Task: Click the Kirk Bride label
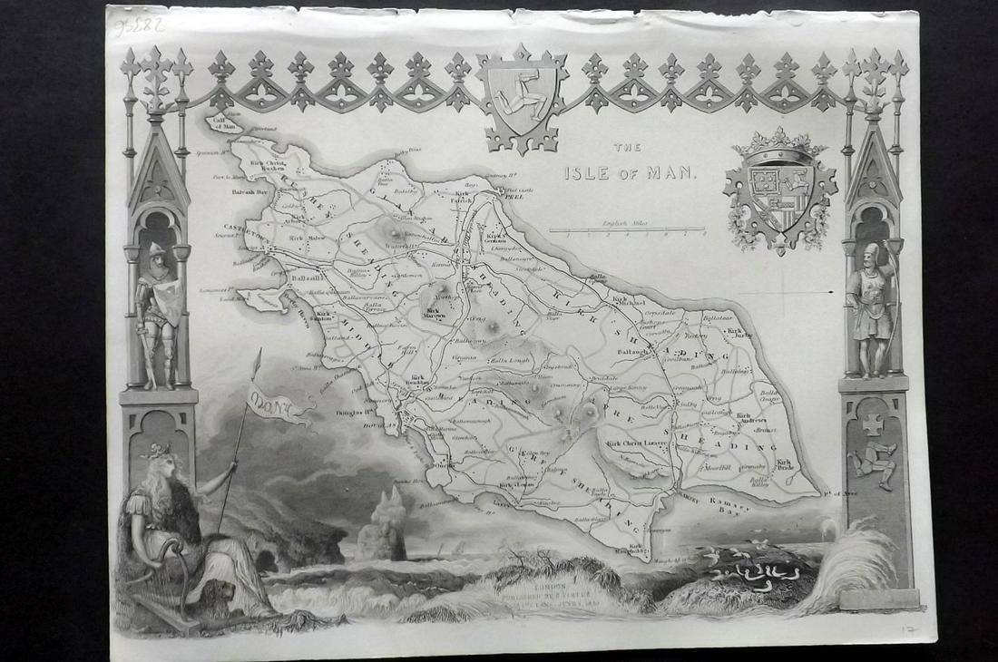786,465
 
